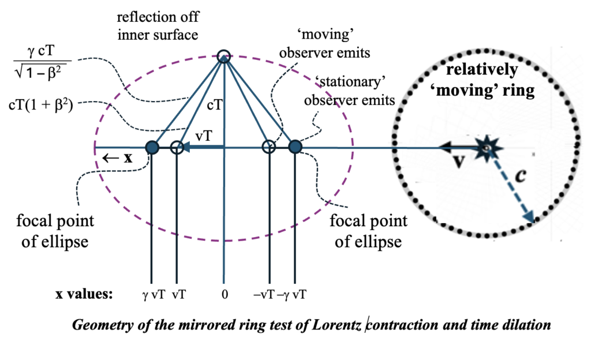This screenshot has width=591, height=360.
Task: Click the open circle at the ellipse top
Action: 224,56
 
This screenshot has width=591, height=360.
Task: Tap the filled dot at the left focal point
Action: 152,148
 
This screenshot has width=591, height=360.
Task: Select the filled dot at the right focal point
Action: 295,148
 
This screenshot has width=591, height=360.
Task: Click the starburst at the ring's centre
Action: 487,149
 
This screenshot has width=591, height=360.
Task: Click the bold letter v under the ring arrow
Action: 459,162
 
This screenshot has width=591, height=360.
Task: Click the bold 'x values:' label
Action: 84,294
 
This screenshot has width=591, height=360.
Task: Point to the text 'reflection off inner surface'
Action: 157,27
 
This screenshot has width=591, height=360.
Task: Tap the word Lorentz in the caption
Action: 338,325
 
